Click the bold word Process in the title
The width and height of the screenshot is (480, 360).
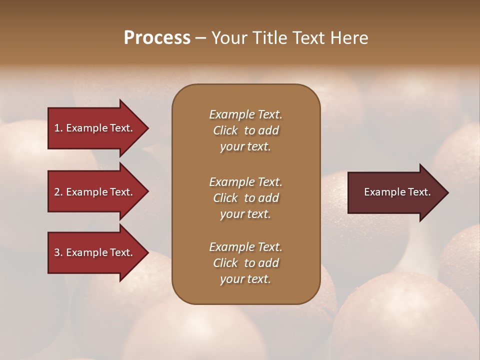point(157,38)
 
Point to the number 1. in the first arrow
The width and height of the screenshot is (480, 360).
point(58,128)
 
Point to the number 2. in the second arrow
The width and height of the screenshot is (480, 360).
point(58,192)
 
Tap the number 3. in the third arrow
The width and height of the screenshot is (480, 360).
point(58,252)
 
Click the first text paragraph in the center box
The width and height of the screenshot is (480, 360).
point(245,130)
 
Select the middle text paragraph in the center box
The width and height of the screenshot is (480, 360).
point(245,198)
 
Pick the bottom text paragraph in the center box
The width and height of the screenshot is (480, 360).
point(245,263)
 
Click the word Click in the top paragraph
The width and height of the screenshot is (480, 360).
point(225,130)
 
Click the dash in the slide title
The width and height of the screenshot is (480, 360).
point(200,38)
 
